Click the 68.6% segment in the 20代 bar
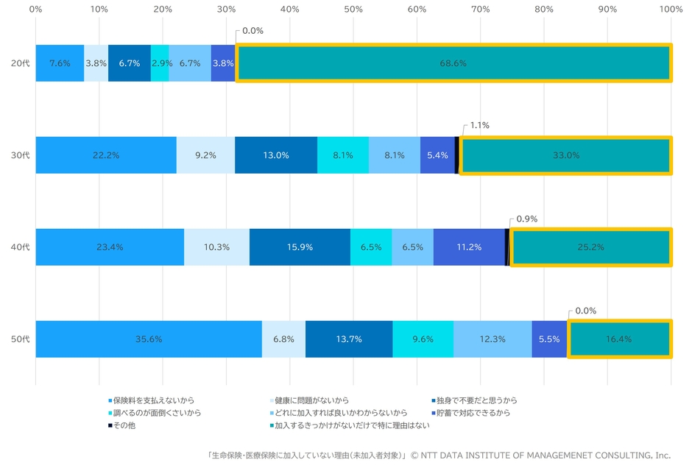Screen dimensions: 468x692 tap(453, 63)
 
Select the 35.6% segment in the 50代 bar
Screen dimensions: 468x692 tap(149, 339)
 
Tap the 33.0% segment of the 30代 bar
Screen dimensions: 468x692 tap(565, 155)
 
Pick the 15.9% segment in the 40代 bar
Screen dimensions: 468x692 tap(300, 247)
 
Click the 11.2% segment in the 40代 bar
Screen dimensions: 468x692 tap(469, 247)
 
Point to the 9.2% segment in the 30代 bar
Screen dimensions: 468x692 tap(205, 155)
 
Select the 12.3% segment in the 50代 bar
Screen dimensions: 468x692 tap(492, 339)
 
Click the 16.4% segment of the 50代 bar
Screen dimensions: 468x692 tap(619, 339)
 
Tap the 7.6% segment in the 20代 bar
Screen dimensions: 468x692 tap(60, 63)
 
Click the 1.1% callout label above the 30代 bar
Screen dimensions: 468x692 tap(479, 125)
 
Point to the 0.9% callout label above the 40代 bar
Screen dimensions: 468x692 tap(526, 219)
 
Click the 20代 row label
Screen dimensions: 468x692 tap(21, 63)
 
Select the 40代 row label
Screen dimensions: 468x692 tap(21, 247)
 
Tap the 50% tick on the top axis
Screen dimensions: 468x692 tap(353, 10)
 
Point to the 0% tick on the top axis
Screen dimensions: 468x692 tap(35, 10)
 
